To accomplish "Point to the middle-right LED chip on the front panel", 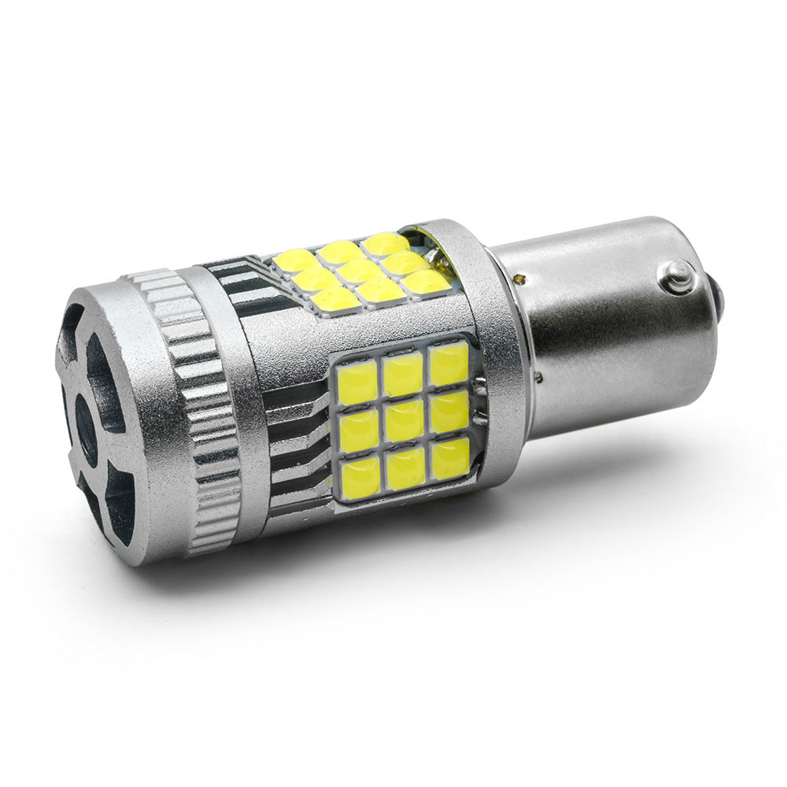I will pos(449,411).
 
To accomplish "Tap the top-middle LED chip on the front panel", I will pos(402,374).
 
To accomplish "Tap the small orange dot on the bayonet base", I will pos(520,278).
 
